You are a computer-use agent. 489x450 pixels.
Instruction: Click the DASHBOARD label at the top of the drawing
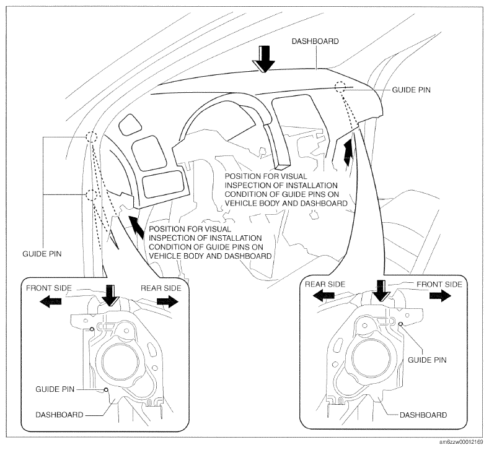(315, 41)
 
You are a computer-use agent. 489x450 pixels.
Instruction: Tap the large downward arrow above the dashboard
(264, 59)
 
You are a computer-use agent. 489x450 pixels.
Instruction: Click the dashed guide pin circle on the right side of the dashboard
(340, 86)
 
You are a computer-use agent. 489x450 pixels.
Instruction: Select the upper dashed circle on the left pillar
(92, 136)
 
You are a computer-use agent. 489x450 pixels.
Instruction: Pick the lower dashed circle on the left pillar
(91, 195)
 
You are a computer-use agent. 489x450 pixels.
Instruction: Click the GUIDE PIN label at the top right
(411, 90)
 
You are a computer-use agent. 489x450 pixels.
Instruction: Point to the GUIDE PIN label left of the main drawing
(42, 254)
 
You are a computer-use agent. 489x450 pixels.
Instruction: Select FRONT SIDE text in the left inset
(48, 288)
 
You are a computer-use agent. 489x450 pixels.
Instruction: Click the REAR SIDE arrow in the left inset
(167, 301)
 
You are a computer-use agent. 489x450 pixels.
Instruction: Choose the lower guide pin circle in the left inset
(107, 389)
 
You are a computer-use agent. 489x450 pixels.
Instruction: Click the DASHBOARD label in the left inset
(59, 415)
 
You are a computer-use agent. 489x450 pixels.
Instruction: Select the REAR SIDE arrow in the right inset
(324, 296)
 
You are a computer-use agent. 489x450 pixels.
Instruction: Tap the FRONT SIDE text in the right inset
(439, 284)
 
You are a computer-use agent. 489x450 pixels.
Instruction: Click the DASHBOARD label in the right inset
(423, 415)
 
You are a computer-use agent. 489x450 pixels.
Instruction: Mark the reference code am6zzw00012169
(462, 443)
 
